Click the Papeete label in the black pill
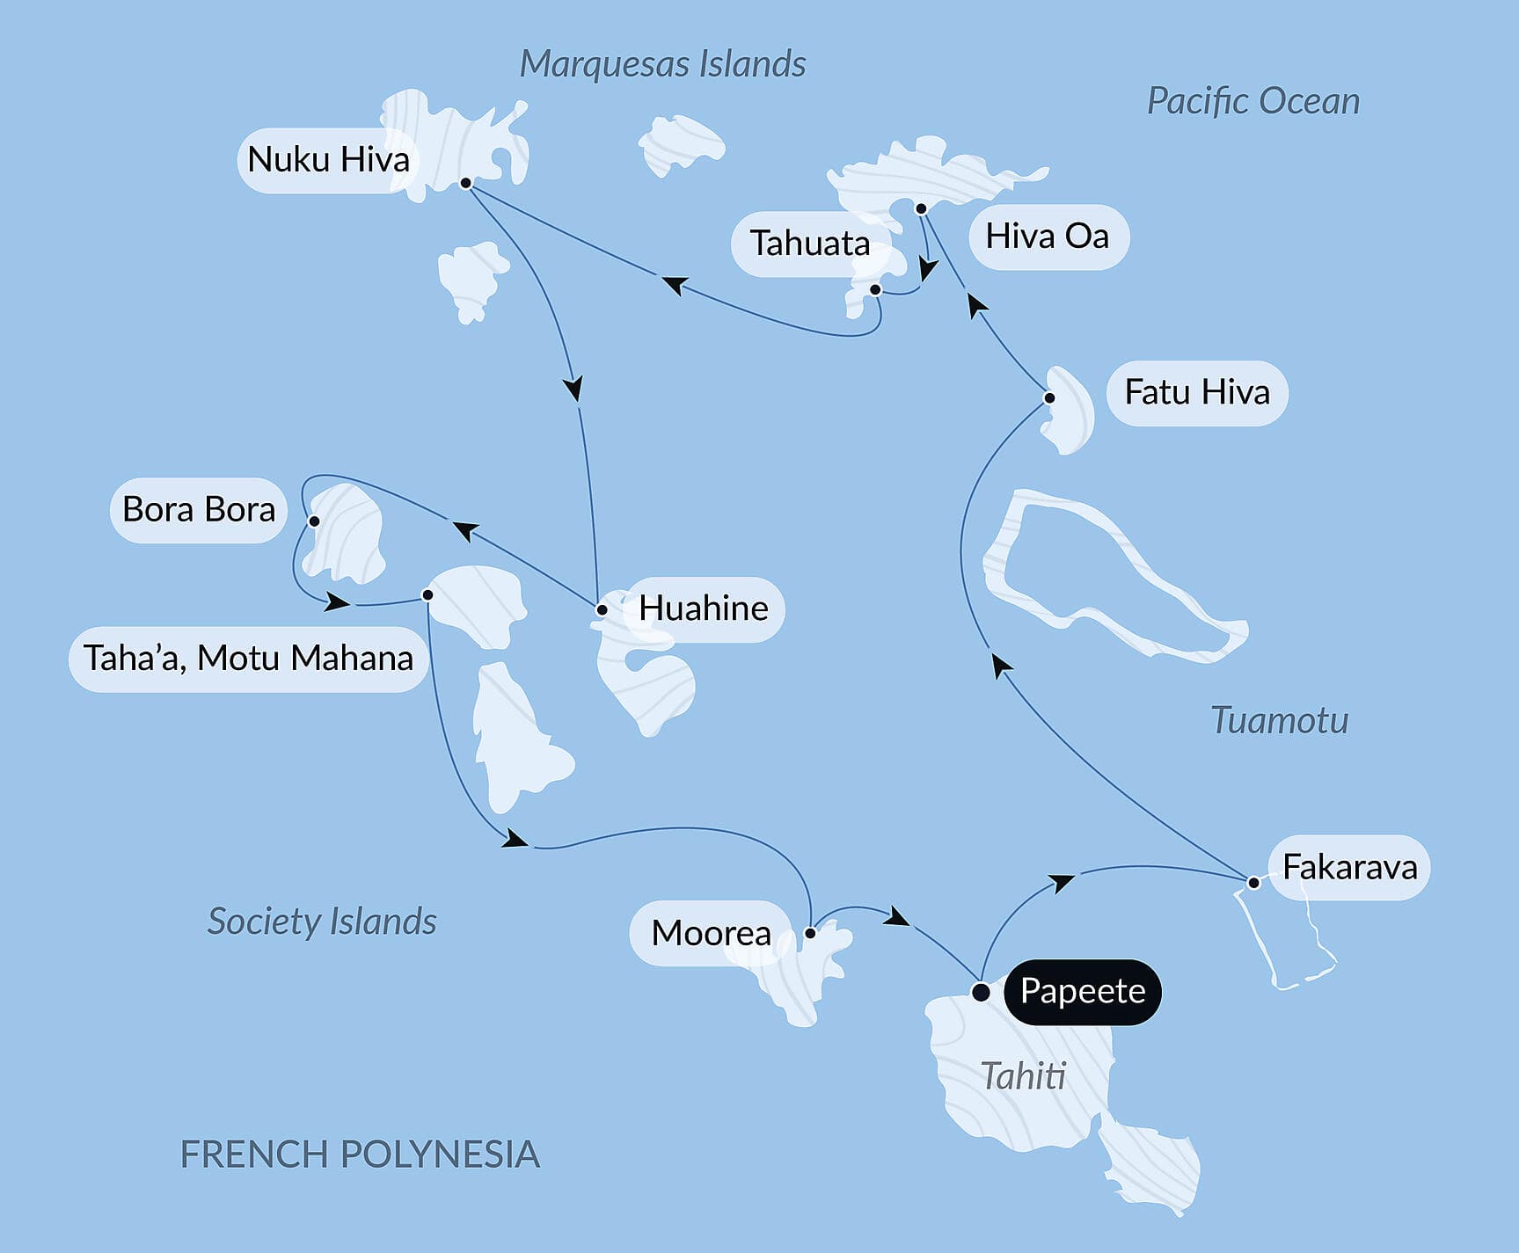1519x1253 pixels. tap(1082, 992)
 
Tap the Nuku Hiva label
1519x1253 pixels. tap(328, 160)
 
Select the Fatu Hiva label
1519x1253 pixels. tap(1197, 392)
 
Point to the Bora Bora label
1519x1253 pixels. tap(199, 510)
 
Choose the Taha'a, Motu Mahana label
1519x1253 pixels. tap(248, 659)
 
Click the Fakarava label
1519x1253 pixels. tap(1349, 868)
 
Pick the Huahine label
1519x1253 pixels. tap(703, 608)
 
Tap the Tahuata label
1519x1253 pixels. tap(809, 244)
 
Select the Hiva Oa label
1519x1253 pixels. tap(1047, 237)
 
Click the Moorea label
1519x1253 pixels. tap(711, 933)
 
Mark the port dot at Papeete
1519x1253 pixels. tap(981, 993)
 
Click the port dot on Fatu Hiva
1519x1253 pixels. tap(1049, 398)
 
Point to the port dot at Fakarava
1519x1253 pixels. tap(1253, 883)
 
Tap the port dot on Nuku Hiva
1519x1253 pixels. tap(466, 184)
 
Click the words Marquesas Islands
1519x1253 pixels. tap(662, 64)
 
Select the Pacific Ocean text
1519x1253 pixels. tap(1253, 101)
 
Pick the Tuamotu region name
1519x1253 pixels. tap(1280, 720)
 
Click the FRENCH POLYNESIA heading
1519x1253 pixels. tap(360, 1155)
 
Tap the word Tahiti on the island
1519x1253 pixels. tap(1023, 1076)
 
